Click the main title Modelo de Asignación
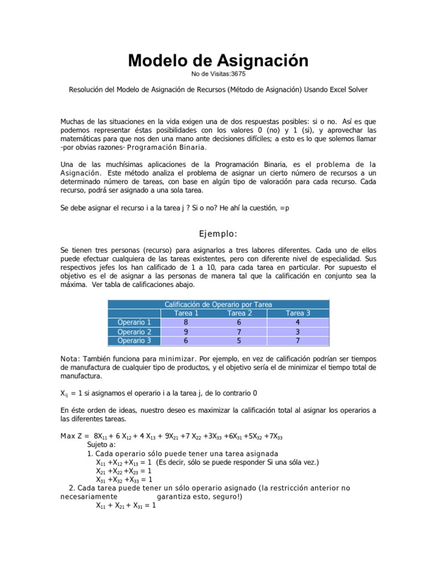click(218, 60)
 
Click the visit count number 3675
click(235, 74)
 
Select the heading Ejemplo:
click(218, 234)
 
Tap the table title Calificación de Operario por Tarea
click(218, 304)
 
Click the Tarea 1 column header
click(186, 313)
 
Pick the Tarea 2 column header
click(240, 313)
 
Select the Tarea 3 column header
click(298, 313)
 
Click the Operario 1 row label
click(134, 322)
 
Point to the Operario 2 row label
click(134, 331)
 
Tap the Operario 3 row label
click(134, 340)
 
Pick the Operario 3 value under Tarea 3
click(298, 340)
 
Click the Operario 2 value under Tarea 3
click(298, 331)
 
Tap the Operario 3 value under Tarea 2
click(240, 340)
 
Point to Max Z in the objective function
click(73, 436)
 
